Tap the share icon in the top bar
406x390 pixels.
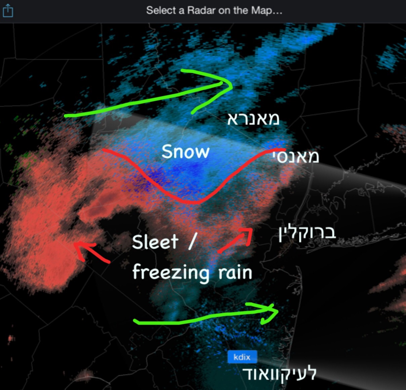click(x=8, y=11)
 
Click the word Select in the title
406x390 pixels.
click(x=161, y=10)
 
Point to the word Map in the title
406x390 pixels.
click(x=261, y=10)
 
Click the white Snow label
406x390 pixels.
click(x=186, y=152)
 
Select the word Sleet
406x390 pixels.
click(x=155, y=242)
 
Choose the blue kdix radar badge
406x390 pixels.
click(x=242, y=357)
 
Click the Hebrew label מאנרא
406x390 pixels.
click(x=253, y=119)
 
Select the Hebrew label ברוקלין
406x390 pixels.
click(x=307, y=233)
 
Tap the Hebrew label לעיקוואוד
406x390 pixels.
click(x=280, y=373)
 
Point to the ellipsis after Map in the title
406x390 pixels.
click(x=277, y=11)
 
